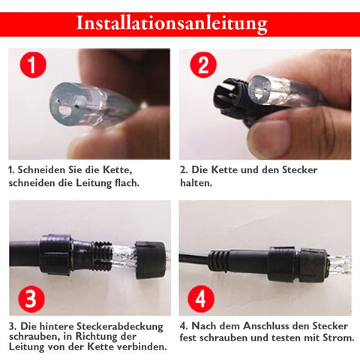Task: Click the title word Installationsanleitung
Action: [x=172, y=24]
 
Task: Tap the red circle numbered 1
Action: [x=33, y=64]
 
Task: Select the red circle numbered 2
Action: [x=203, y=64]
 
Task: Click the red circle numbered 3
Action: [x=31, y=299]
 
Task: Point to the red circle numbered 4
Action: [x=201, y=299]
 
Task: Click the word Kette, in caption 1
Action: [x=118, y=170]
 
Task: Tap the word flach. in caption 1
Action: [x=127, y=183]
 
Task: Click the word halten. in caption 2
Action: [x=196, y=183]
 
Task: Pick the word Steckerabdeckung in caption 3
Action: [x=120, y=327]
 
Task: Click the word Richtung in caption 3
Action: [x=97, y=337]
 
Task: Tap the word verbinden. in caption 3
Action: [x=142, y=347]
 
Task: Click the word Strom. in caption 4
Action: [x=339, y=338]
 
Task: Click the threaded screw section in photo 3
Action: [x=103, y=256]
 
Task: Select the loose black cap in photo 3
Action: [x=150, y=260]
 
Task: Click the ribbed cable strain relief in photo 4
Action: [x=219, y=261]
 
